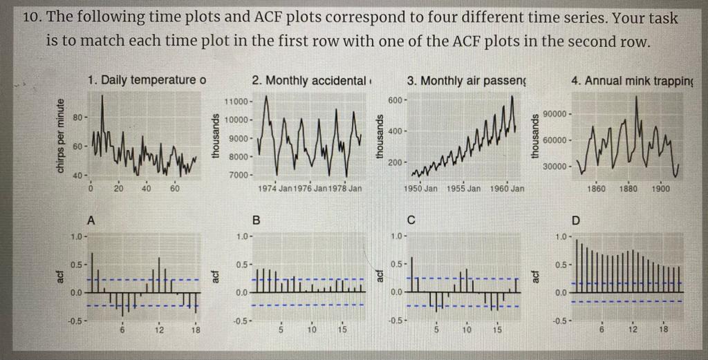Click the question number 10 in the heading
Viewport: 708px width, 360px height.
(x=32, y=19)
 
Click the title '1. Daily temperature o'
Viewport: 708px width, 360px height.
(x=147, y=80)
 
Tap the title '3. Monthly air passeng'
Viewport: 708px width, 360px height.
(x=466, y=80)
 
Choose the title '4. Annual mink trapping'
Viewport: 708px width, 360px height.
(x=632, y=81)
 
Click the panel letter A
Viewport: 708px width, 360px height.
(x=91, y=220)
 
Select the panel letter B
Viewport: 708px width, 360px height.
(x=257, y=221)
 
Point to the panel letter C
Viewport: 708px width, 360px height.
(x=411, y=221)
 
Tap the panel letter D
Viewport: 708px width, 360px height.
(x=578, y=221)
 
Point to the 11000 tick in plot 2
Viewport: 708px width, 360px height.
(x=239, y=102)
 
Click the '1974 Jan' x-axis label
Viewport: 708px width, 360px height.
(x=276, y=188)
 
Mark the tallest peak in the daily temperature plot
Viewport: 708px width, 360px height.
(x=102, y=95)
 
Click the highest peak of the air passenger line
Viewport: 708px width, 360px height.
(x=512, y=96)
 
